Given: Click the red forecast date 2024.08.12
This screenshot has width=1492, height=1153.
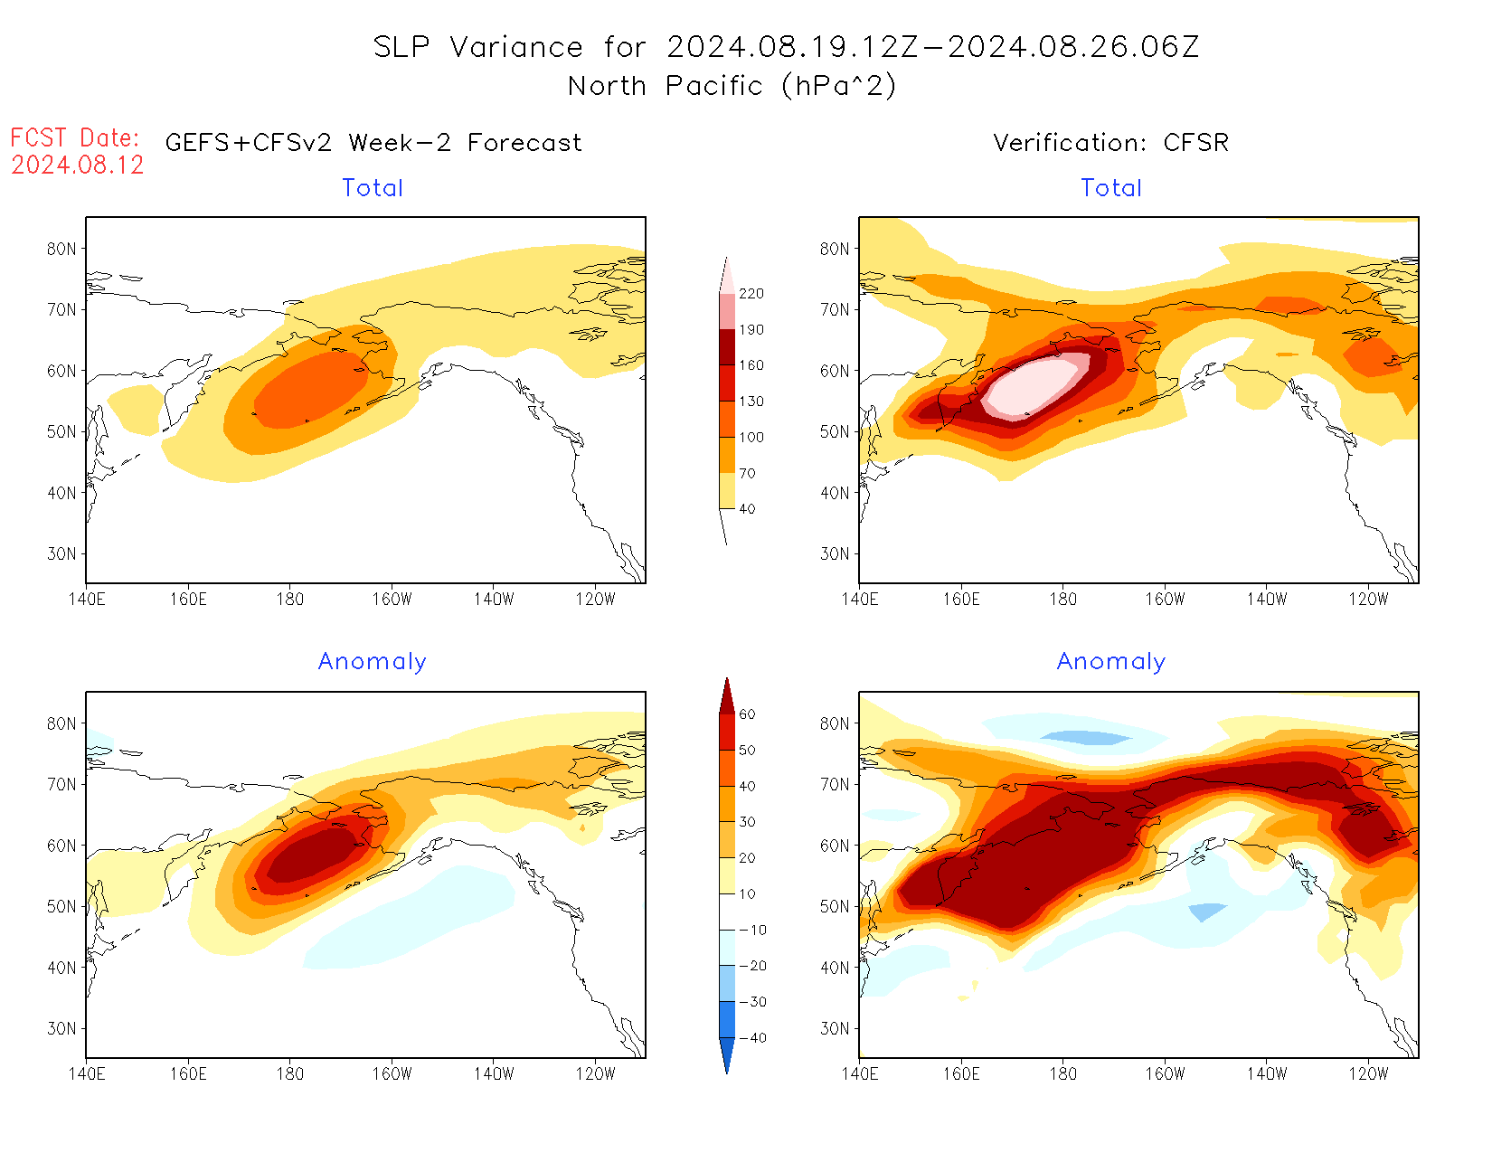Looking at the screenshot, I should [78, 165].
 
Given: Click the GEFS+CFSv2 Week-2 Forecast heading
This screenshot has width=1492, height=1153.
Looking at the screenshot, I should [373, 143].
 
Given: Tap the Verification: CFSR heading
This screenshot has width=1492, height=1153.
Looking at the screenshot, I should [1110, 143].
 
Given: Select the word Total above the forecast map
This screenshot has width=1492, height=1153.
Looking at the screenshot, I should [373, 188].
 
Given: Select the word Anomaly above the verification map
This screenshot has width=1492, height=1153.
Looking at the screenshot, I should [1110, 662].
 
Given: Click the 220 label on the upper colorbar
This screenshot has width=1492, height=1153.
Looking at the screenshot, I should [751, 294].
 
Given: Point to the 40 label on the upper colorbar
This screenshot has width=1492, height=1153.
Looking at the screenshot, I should [747, 509].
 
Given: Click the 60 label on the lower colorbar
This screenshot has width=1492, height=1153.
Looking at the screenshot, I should [747, 714].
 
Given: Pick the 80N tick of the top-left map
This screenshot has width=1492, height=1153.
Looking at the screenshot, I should [61, 249].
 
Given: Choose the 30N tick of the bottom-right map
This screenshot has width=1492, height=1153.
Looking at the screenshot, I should [835, 1028].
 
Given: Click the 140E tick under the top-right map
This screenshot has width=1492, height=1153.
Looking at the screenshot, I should [859, 599].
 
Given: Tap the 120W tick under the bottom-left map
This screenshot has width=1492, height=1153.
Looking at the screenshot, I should [595, 1073].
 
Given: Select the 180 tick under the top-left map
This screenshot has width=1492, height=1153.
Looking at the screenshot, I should [289, 599].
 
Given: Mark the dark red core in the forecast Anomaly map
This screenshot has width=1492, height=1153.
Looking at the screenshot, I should [312, 855].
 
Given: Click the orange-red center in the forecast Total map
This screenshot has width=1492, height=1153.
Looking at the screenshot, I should [307, 389].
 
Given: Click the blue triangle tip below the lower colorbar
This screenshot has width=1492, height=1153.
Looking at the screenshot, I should [727, 1070].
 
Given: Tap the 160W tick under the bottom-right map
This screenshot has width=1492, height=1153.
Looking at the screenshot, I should [1165, 1073].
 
